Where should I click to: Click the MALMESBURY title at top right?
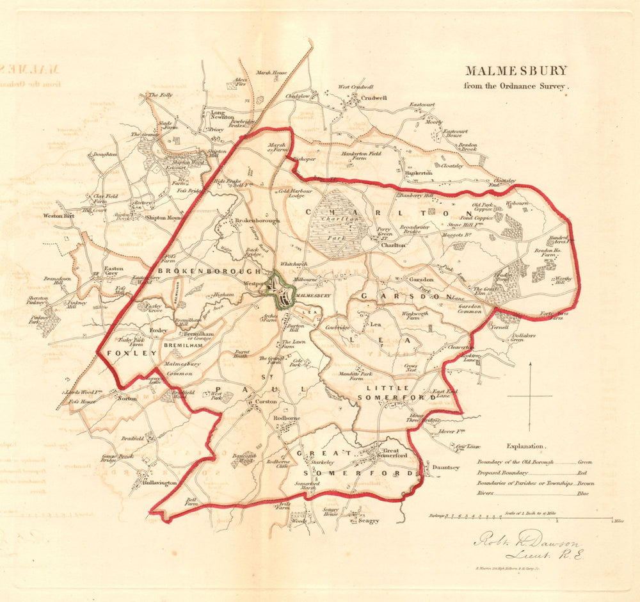coord(515,71)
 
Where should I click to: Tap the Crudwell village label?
coord(371,98)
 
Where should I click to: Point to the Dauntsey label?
coord(445,468)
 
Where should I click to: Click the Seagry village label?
coord(368,521)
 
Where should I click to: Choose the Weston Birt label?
coord(58,216)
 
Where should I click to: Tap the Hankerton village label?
coord(419,173)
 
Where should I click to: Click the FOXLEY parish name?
coord(123,353)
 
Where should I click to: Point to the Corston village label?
coord(266,402)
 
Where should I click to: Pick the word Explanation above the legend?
coord(525,446)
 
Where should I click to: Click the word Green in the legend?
coord(586,461)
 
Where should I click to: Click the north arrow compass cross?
coord(530,397)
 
